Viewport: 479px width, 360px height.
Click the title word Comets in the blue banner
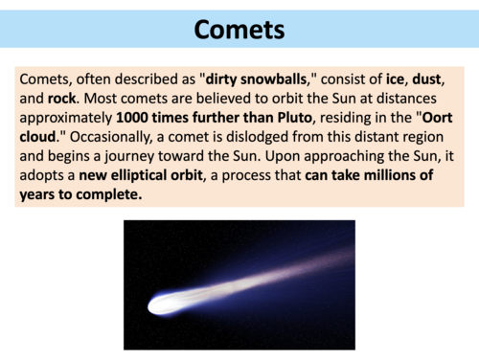[x=239, y=29]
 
